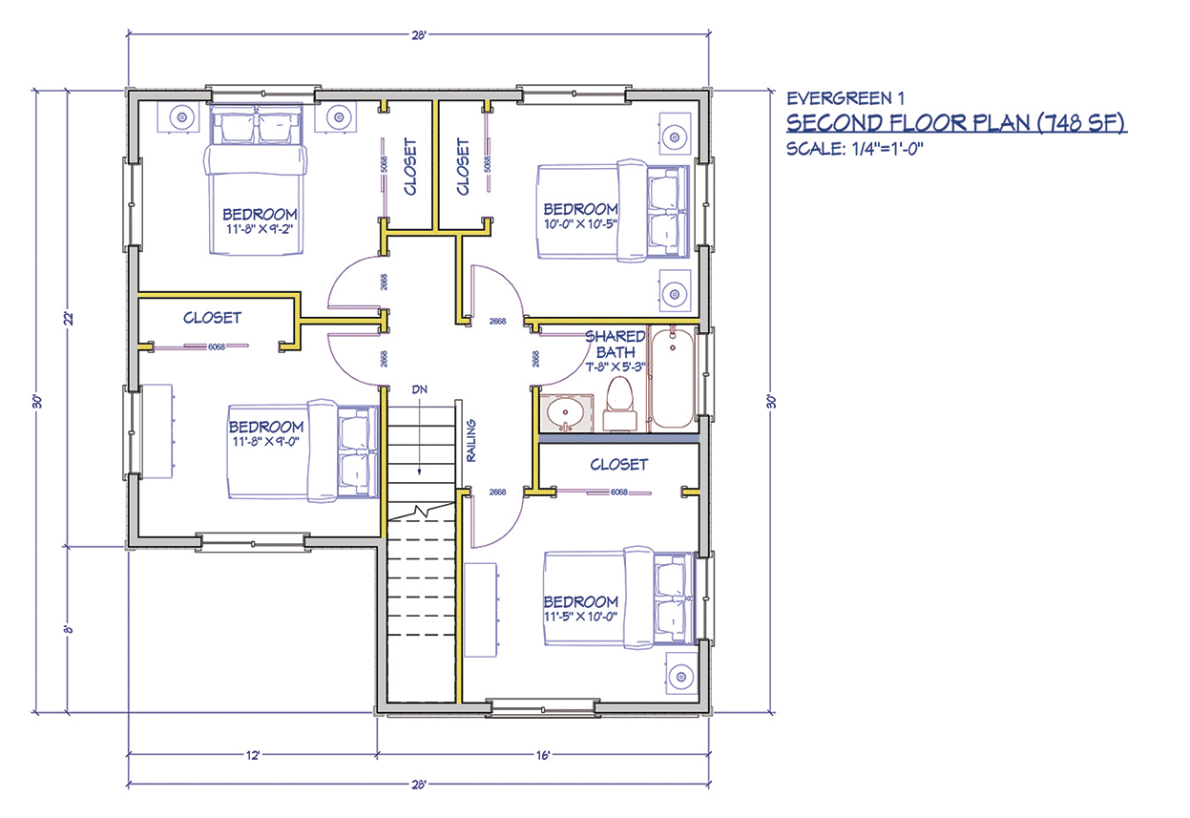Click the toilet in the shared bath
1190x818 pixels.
point(620,404)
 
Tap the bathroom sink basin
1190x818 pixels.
point(565,412)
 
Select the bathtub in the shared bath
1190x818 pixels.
point(673,379)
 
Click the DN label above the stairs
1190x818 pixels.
point(419,389)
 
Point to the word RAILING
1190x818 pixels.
point(471,441)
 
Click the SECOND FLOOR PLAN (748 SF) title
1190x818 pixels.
point(956,123)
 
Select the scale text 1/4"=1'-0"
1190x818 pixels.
point(887,149)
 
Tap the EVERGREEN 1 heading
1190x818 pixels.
point(845,98)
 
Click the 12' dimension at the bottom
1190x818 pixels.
point(253,755)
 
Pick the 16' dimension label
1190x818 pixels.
point(543,755)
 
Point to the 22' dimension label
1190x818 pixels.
point(68,319)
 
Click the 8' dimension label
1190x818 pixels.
point(68,629)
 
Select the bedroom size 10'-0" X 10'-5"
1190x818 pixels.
point(580,224)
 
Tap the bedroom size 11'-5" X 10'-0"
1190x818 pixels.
point(580,617)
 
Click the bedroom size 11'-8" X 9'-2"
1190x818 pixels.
point(260,230)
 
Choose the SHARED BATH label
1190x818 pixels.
point(616,344)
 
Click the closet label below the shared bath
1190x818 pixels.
point(619,465)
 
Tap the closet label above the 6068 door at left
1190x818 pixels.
point(213,318)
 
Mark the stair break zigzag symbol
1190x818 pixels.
point(421,512)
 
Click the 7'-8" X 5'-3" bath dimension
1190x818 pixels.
point(616,367)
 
